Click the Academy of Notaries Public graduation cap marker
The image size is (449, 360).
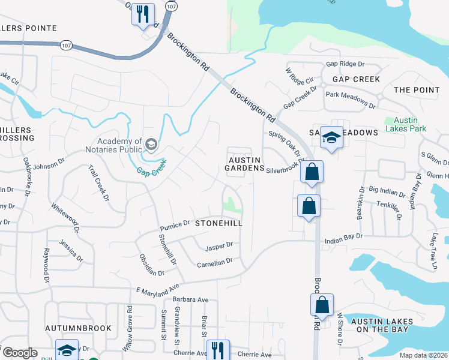[x=151, y=143]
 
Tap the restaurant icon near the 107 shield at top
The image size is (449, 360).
[x=143, y=14]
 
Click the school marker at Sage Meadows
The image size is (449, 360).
[x=330, y=137]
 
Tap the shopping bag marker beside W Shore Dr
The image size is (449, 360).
[x=322, y=304]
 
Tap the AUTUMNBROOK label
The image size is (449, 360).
[x=79, y=328]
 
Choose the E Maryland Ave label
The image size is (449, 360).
[x=158, y=286]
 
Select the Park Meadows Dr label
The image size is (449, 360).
[x=350, y=100]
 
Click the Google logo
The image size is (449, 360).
[x=20, y=353]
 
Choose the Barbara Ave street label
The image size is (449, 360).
[x=190, y=299]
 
